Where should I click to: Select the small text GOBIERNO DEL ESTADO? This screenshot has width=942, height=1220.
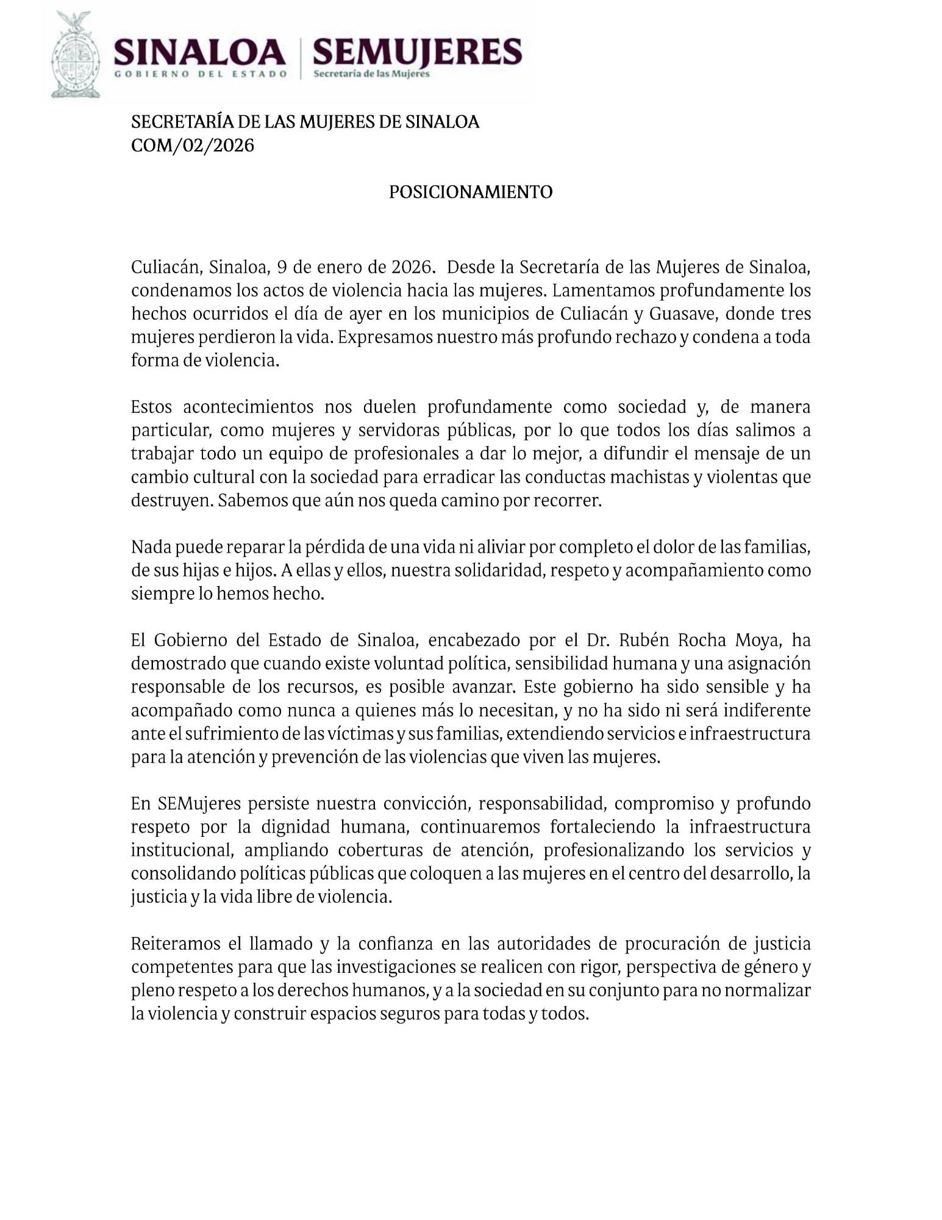click(201, 74)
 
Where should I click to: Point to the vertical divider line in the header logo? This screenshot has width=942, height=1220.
click(300, 58)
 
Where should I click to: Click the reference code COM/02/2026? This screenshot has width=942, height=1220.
click(193, 146)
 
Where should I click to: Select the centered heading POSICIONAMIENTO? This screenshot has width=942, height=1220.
click(471, 192)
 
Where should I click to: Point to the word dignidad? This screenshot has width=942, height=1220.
click(296, 827)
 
